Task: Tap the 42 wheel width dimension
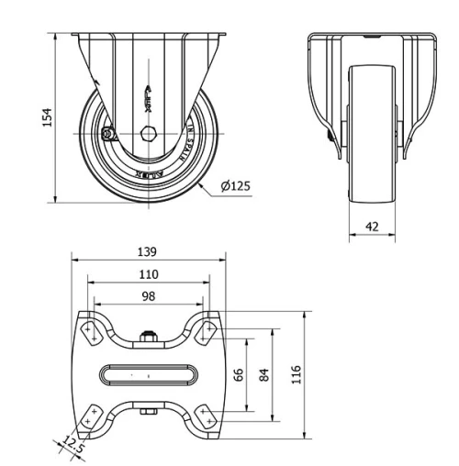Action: [x=372, y=225]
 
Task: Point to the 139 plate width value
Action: [x=148, y=251]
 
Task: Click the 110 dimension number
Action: [x=148, y=273]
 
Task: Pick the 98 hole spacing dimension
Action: [x=148, y=295]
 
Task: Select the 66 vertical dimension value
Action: [x=239, y=374]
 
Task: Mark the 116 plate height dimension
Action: [x=297, y=374]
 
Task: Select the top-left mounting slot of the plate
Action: [x=89, y=329]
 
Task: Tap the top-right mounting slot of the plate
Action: [x=207, y=329]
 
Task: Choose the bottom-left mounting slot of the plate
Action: [x=89, y=417]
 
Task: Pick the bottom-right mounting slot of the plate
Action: [x=207, y=417]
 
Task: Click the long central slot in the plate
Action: [x=148, y=374]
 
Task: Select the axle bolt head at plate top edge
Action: [x=148, y=334]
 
